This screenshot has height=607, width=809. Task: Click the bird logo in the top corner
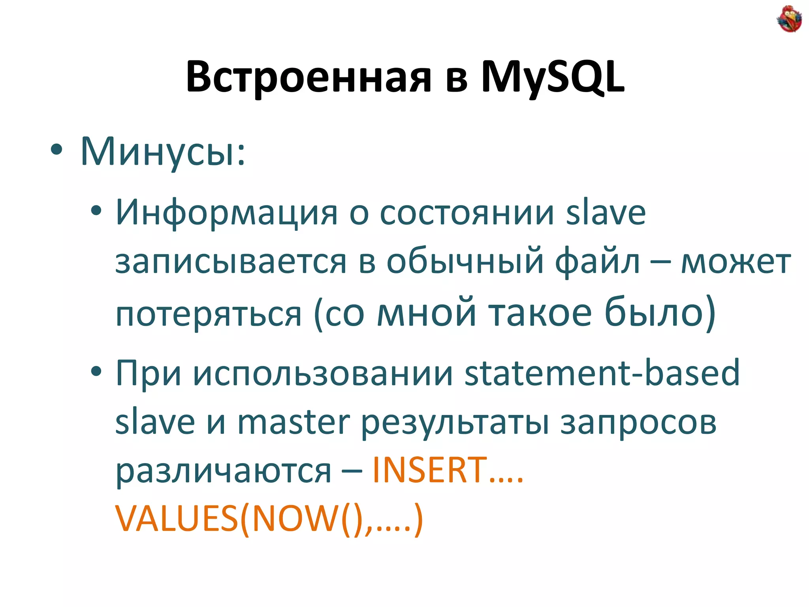point(789,19)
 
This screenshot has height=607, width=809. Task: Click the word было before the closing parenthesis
point(654,312)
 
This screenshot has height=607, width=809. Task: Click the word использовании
point(323,373)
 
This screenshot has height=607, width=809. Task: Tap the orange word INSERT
point(430,470)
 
